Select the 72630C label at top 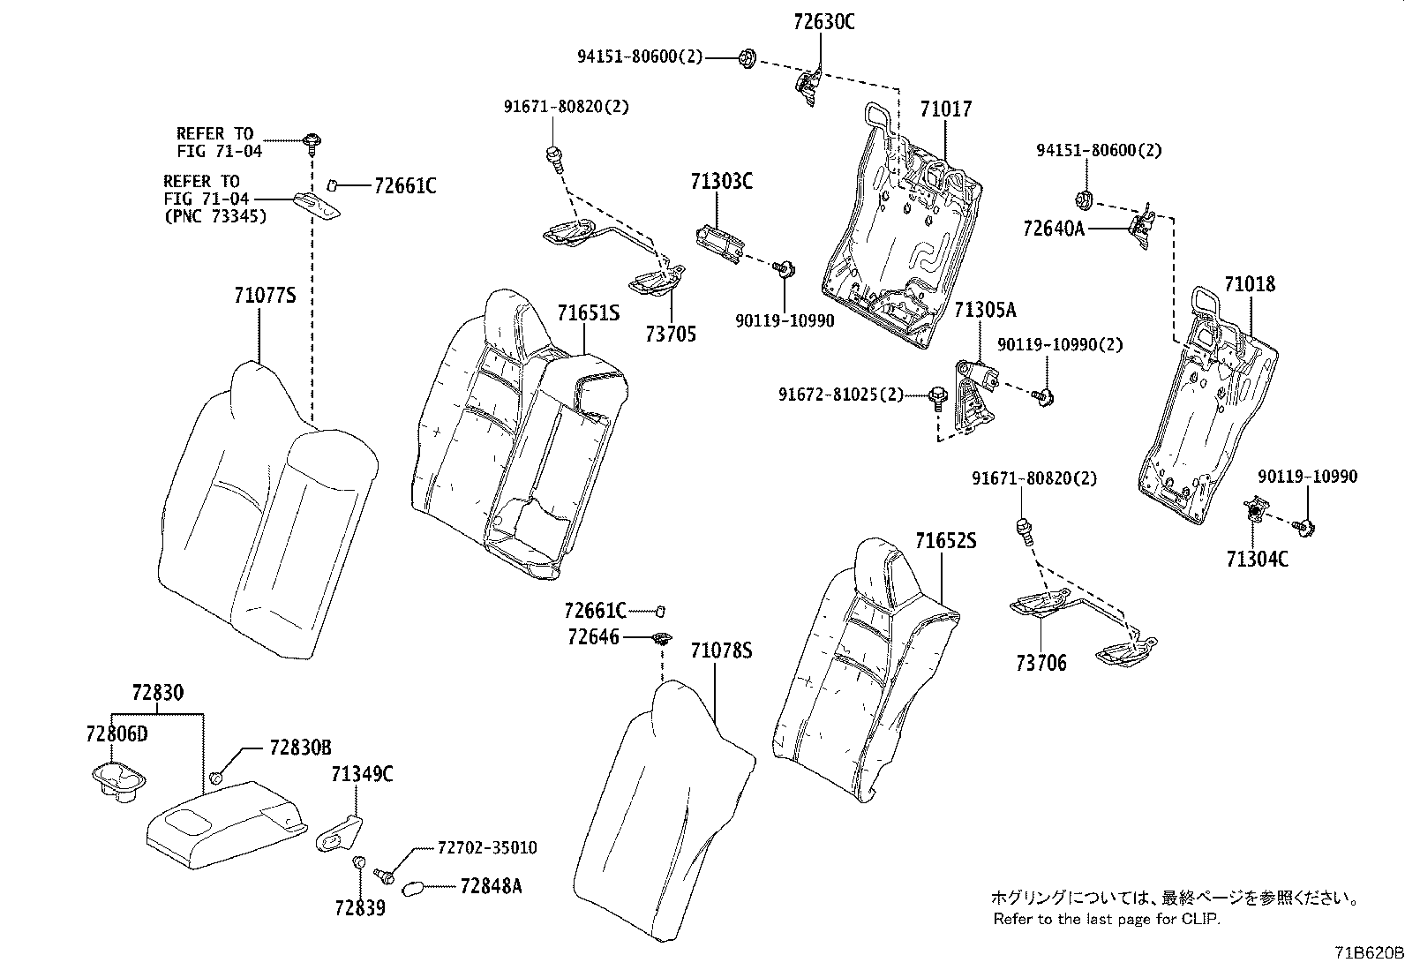[823, 22]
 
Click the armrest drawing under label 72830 [225, 816]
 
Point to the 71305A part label [985, 310]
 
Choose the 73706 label [1041, 663]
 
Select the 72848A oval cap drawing [413, 888]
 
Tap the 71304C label [1256, 559]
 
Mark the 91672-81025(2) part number [841, 394]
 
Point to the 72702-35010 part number [487, 847]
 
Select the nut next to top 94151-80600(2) [743, 58]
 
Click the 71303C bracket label [721, 183]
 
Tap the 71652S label [944, 541]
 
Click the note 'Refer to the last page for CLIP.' [1106, 920]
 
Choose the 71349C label [362, 775]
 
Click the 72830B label [299, 748]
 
